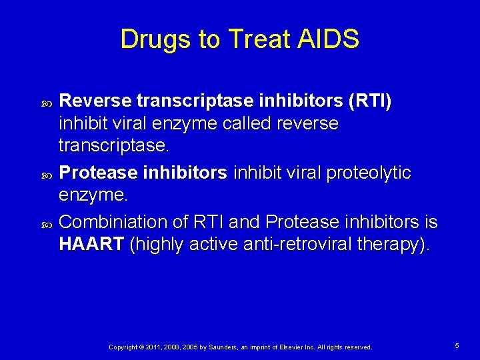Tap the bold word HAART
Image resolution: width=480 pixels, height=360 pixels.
pyautogui.click(x=91, y=244)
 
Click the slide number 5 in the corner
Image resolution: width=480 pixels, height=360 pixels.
pyautogui.click(x=457, y=346)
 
